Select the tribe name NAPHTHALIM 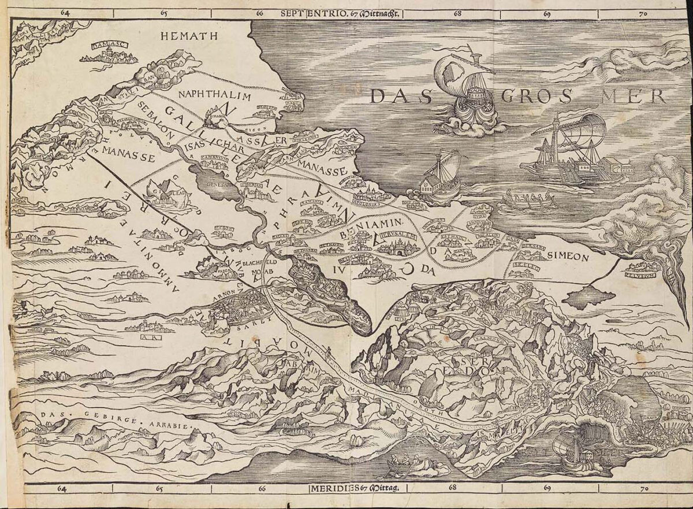[x=215, y=95]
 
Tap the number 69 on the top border [x=546, y=12]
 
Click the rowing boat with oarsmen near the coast [x=528, y=200]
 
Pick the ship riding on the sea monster [x=464, y=95]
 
